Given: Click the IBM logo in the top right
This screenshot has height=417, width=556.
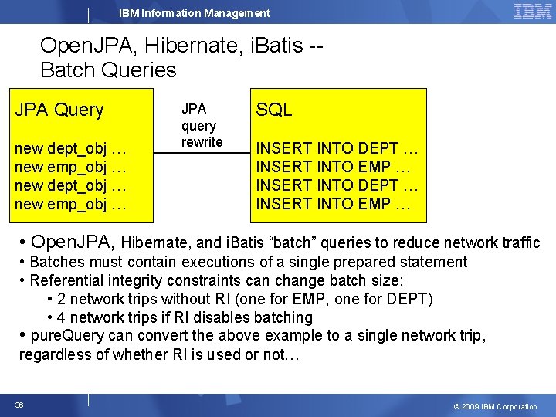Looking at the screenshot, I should pos(532,11).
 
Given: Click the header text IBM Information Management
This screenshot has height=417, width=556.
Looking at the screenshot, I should pos(195,13).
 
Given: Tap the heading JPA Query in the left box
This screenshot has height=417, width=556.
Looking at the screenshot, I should pos(59,110).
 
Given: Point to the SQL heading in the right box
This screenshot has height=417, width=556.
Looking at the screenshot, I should pos(273,110).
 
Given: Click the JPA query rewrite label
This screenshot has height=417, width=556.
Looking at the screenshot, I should pos(202,126).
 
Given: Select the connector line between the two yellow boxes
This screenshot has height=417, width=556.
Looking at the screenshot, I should pos(202,154).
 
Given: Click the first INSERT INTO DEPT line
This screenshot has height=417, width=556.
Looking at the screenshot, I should pos(337,148).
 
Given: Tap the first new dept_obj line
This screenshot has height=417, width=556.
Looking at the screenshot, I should pos(70,148).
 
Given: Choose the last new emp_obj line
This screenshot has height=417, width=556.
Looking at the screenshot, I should pos(70,204).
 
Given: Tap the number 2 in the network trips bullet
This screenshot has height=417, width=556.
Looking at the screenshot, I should pos(62,299).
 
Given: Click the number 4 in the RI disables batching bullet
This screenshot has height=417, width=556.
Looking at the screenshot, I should pos(62,317).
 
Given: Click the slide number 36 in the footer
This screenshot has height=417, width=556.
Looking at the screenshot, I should pos(19,405).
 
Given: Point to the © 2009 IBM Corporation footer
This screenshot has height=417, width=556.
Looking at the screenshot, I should pos(496,406).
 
